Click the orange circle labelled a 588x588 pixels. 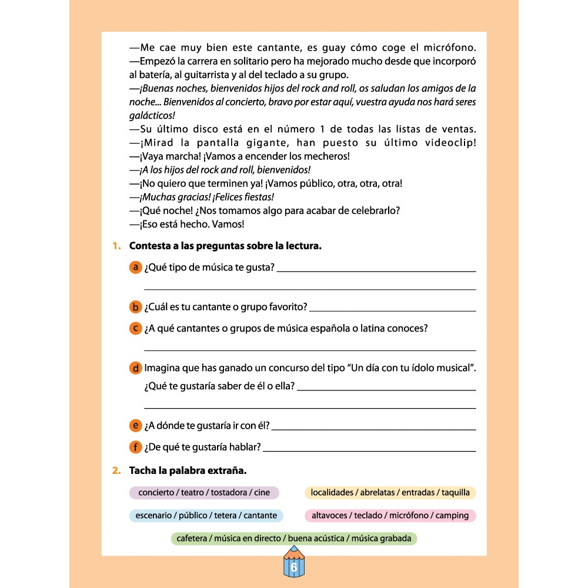point(135,268)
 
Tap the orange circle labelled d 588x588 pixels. point(135,369)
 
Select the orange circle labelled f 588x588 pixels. point(135,447)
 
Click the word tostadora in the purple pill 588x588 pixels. point(228,493)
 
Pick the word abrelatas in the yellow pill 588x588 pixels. point(375,493)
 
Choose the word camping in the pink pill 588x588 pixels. point(453,516)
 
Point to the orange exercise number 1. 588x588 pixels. point(116,246)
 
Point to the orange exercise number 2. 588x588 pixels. point(116,470)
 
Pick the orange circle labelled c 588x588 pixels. point(135,329)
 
